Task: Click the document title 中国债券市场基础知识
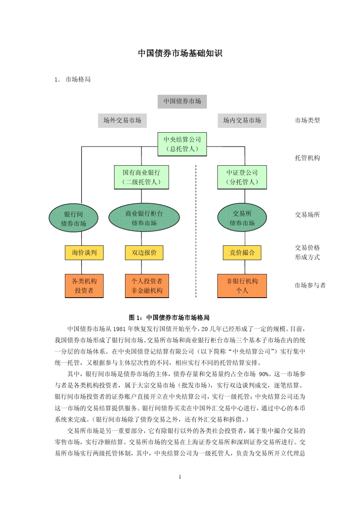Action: click(180, 53)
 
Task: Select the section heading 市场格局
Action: click(78, 79)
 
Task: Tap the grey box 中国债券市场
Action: click(182, 101)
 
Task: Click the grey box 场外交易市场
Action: click(122, 120)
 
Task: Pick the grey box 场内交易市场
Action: click(242, 120)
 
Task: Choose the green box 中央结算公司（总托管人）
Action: click(182, 144)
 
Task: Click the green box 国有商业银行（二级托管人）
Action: click(141, 177)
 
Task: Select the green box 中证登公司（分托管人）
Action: click(242, 177)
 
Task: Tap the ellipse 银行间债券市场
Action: click(74, 219)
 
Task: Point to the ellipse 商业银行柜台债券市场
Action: click(144, 218)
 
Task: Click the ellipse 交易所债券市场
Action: click(242, 218)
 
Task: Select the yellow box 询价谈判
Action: click(84, 253)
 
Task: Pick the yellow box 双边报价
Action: click(144, 253)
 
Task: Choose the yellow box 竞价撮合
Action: click(242, 253)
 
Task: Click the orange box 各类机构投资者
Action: click(84, 286)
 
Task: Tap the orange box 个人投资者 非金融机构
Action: click(147, 286)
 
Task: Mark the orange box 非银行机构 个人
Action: click(242, 286)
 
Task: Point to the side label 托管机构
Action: click(307, 158)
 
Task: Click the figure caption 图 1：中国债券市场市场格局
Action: click(169, 317)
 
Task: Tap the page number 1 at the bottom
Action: click(180, 477)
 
